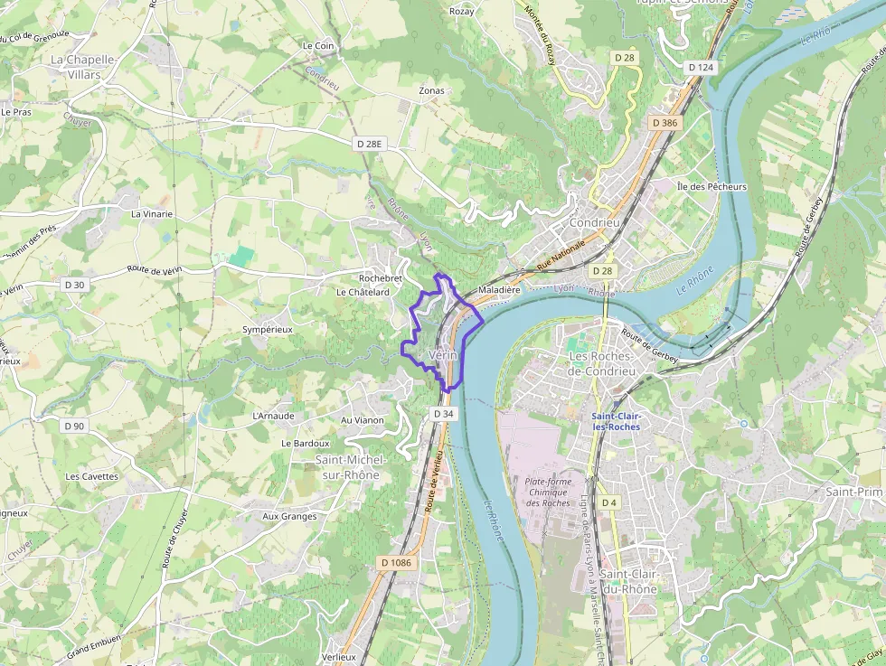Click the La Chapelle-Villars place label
[x=83, y=67]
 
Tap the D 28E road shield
[x=370, y=144]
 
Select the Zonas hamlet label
[x=431, y=91]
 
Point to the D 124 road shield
[x=701, y=67]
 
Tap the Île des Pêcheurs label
[x=712, y=186]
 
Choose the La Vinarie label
[x=152, y=214]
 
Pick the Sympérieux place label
[x=268, y=330]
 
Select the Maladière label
[x=499, y=291]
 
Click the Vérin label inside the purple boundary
[x=444, y=355]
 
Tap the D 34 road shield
[x=443, y=413]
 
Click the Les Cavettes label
[x=91, y=476]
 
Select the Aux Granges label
[x=289, y=516]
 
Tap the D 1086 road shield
[x=396, y=563]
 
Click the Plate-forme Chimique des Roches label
[x=548, y=492]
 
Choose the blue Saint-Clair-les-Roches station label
[x=616, y=421]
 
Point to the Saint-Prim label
[x=853, y=492]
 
